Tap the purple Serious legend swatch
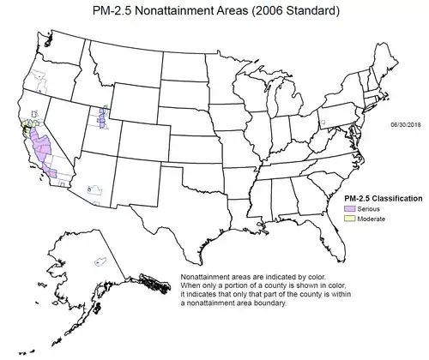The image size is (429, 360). coord(349,208)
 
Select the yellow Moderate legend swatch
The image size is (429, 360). coord(349,219)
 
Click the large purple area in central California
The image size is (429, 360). coord(40,150)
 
